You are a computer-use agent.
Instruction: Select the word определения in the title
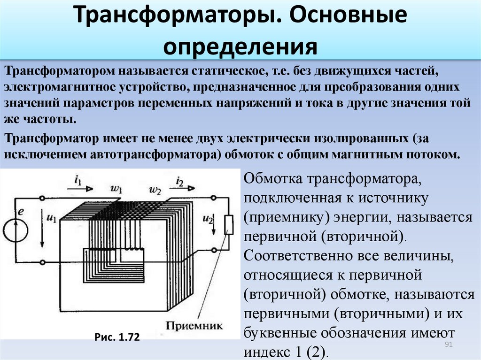[x=240, y=47]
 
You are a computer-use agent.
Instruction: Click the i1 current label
[x=78, y=180]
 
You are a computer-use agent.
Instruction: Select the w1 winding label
[x=116, y=188]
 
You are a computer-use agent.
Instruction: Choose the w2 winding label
[x=155, y=190]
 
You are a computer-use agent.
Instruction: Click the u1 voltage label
[x=51, y=218]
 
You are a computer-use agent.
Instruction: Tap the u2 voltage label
[x=208, y=219]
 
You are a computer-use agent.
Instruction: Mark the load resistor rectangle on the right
[x=229, y=225]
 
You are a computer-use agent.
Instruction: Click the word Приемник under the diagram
[x=194, y=325]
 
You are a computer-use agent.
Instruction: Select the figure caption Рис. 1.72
[x=117, y=337]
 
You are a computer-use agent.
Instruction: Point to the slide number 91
[x=449, y=344]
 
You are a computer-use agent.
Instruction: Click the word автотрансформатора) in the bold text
[x=155, y=154]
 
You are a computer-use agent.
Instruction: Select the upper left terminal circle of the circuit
[x=43, y=199]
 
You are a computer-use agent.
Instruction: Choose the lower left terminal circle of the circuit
[x=43, y=262]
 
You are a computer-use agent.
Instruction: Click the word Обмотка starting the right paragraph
[x=273, y=178]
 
